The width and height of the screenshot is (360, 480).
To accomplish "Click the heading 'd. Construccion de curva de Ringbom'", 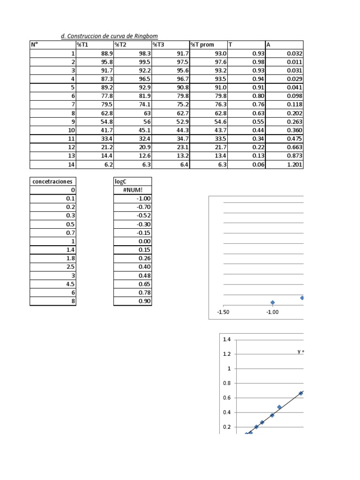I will (112, 37).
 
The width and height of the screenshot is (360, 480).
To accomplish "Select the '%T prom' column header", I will (202, 45).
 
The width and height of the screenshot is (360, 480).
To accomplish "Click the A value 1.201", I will (294, 165).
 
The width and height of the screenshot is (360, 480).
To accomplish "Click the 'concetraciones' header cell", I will (50, 181).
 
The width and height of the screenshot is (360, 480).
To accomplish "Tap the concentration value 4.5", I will (70, 284).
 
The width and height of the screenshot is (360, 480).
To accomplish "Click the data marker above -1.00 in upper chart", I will (272, 303).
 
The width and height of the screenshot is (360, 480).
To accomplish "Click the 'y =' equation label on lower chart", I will (300, 352).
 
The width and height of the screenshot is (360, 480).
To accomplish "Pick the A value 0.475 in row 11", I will (294, 139).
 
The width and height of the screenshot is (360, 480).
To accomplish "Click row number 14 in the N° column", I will (72, 165).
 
